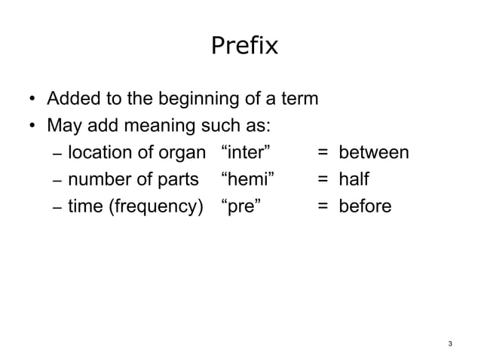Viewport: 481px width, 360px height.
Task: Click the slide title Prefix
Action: [244, 47]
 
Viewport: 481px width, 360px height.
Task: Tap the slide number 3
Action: [450, 344]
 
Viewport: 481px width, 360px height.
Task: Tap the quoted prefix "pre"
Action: [241, 206]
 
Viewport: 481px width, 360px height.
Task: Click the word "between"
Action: [373, 153]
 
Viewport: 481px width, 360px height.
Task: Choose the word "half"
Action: [354, 179]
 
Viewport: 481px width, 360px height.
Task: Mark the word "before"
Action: [365, 206]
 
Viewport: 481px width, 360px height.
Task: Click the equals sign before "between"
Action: [322, 154]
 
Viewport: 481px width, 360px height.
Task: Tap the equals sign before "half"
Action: [322, 180]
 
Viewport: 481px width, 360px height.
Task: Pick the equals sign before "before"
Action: [322, 206]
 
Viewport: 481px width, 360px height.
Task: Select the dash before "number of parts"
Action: [57, 181]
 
